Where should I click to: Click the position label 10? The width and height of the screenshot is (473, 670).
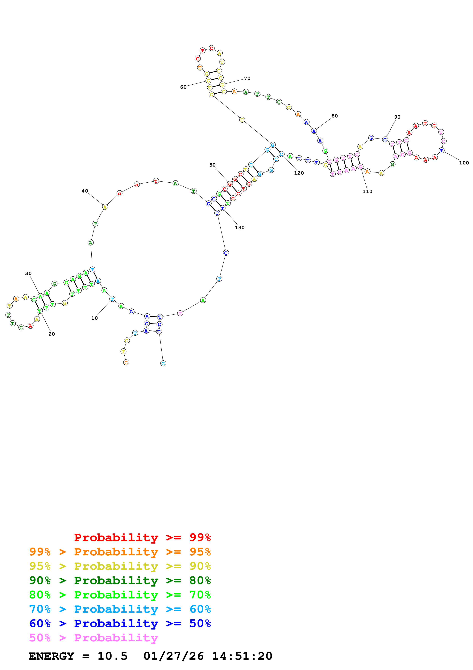(94, 318)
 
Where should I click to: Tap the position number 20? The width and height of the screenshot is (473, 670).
(52, 334)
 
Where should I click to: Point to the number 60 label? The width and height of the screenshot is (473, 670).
(183, 87)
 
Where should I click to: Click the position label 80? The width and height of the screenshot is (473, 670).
(334, 116)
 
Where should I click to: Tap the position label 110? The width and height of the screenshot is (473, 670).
(367, 191)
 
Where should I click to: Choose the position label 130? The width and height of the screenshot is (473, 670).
(240, 228)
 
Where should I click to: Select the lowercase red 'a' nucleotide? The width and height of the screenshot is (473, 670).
(137, 184)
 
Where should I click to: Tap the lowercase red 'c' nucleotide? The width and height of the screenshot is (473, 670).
(119, 193)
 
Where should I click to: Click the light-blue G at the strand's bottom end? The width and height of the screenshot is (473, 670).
(163, 363)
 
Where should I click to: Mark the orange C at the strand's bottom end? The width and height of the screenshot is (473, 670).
(126, 363)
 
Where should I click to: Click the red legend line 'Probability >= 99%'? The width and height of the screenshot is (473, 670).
(142, 537)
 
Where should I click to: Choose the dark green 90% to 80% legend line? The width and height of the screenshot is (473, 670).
(120, 580)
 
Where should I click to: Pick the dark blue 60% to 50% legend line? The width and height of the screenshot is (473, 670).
(120, 623)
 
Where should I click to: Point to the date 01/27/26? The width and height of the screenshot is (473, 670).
(174, 656)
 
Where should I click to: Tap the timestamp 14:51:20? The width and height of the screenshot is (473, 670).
(242, 656)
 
